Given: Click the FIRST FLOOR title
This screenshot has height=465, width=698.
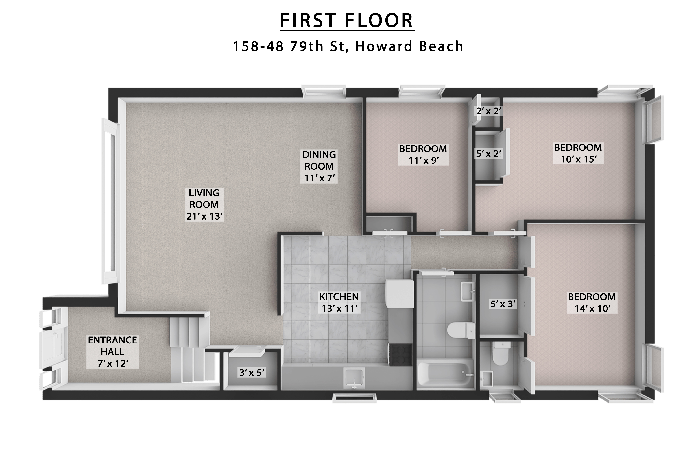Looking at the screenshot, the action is tap(347, 21).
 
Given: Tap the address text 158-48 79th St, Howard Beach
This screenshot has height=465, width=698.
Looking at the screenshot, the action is tap(348, 46).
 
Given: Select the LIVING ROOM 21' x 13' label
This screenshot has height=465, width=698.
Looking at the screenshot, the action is tap(204, 205).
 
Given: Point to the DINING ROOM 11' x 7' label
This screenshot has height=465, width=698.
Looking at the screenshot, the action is tap(319, 166).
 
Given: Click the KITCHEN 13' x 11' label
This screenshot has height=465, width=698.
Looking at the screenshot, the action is tap(339, 302).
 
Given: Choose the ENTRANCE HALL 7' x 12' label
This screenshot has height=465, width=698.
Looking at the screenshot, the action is tap(112, 352).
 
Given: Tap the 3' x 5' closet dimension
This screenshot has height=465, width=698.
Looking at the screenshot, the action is tap(252, 373).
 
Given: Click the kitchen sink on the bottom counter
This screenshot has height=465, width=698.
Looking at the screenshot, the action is tap(354, 378).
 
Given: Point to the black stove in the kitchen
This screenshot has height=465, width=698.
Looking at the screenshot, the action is tap(400, 354).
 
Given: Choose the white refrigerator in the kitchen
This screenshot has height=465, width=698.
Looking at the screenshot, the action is tap(399, 293).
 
